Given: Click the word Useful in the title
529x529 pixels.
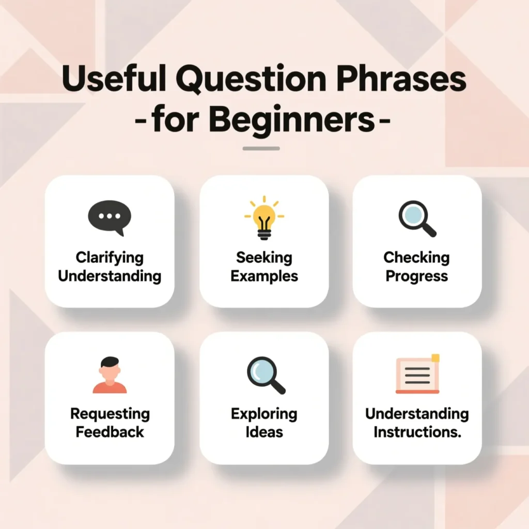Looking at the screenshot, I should click(x=113, y=81).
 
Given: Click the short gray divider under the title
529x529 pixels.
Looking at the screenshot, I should click(x=261, y=149).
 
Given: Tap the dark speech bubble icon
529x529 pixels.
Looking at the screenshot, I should click(x=110, y=217).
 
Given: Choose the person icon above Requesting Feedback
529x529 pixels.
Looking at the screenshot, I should click(x=110, y=375).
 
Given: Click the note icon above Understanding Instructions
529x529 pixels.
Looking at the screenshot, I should click(x=417, y=375).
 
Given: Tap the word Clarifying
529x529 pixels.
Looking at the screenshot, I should click(x=110, y=257).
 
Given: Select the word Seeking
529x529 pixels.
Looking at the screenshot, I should click(x=264, y=257).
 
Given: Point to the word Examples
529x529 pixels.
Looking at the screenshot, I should click(x=264, y=276).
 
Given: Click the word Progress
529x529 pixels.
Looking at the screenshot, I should click(x=417, y=276).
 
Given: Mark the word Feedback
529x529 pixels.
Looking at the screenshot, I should click(x=110, y=432).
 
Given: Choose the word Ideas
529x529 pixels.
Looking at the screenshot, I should click(x=264, y=432).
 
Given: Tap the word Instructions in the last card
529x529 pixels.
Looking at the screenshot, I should click(x=417, y=432).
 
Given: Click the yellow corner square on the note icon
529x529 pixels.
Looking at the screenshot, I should click(x=435, y=357).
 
